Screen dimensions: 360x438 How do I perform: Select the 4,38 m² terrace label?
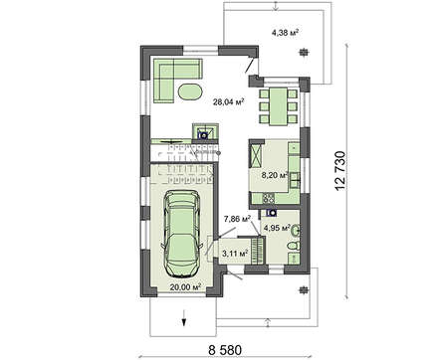[287, 33]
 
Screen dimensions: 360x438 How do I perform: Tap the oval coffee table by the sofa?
[188, 92]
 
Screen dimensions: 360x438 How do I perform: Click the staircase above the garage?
[179, 158]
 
